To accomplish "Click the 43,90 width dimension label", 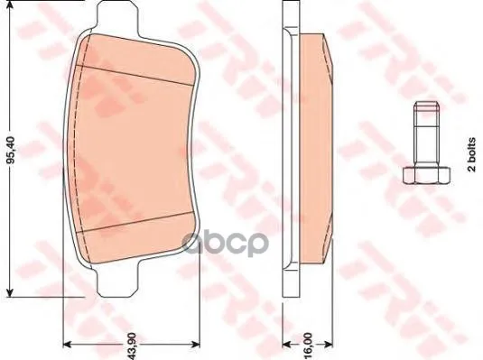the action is coord(132,346).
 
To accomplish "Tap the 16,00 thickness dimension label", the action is coord(309,344).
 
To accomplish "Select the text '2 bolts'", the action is coord(471,154).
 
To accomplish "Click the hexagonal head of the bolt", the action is coord(427,176).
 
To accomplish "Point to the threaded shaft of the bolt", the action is coord(427,136).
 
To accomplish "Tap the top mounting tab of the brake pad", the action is coord(117,17).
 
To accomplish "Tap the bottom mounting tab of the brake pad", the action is coord(118,280).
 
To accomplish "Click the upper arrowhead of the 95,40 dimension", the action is coord(11,5).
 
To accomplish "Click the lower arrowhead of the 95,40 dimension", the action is coord(11,292).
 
